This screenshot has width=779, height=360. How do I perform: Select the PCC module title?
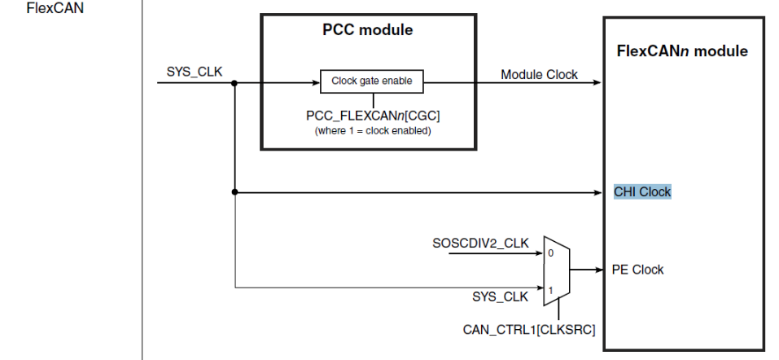click(x=368, y=31)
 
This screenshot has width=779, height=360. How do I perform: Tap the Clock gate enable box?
click(x=371, y=81)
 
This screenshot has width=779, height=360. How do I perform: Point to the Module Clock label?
click(x=539, y=75)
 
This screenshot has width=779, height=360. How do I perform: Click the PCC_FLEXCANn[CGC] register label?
click(x=373, y=116)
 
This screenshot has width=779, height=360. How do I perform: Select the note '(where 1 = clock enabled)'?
click(x=374, y=130)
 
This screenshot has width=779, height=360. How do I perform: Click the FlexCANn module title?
click(x=681, y=51)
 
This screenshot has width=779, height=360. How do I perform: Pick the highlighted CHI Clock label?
click(x=642, y=192)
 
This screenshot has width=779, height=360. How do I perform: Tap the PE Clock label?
click(x=637, y=270)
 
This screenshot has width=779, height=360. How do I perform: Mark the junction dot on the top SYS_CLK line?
click(x=234, y=82)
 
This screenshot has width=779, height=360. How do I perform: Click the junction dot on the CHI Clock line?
click(x=234, y=192)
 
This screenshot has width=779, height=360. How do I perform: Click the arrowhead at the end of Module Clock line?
click(x=598, y=82)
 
